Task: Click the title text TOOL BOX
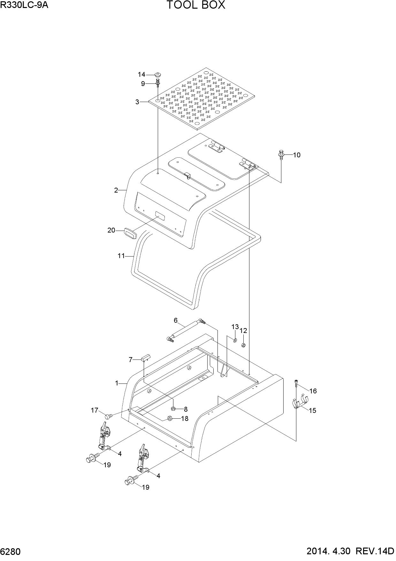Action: coord(196,5)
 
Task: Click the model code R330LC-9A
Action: coord(24,5)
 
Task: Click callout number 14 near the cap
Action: coord(141,75)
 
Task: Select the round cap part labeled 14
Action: coord(157,75)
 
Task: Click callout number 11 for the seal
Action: coord(121,256)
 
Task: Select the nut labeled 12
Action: coord(243,345)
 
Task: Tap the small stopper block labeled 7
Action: coord(146,357)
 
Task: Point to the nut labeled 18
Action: coord(170,418)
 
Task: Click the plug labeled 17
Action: coord(109,416)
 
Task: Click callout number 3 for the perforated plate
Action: coord(137,102)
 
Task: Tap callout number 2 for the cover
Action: coord(116,190)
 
